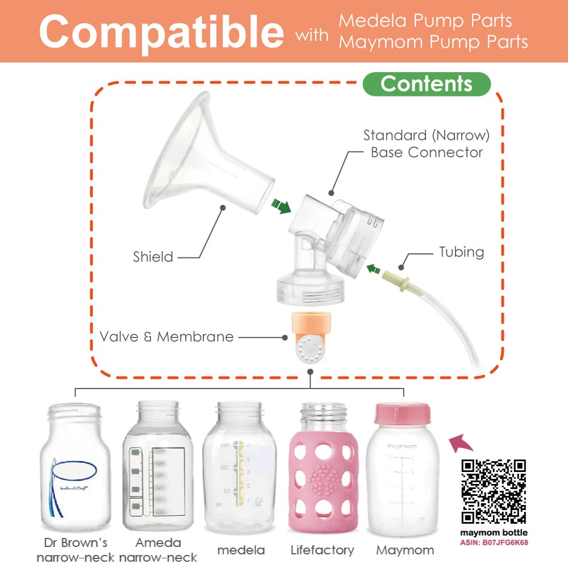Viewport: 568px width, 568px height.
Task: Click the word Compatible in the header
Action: coord(161,31)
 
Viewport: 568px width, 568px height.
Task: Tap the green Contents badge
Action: coord(427,84)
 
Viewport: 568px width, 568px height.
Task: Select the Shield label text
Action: coord(153,257)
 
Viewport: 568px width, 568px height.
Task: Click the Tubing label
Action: coord(461,252)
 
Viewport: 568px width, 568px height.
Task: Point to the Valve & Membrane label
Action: coord(166,337)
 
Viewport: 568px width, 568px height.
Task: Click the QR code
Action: coord(493,491)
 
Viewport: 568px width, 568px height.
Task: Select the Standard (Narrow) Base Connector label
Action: coord(427,144)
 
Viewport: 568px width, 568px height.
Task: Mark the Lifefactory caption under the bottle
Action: coord(322,550)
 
